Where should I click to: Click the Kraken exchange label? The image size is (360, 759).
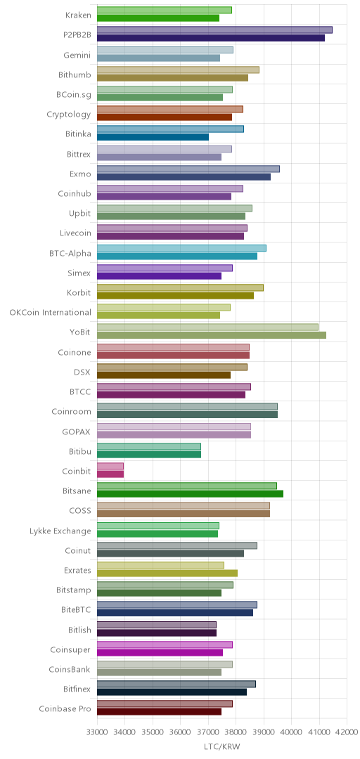78,15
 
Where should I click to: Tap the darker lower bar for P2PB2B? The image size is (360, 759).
211,38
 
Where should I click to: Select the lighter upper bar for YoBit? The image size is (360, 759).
208,327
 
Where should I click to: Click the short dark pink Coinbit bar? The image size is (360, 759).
110,474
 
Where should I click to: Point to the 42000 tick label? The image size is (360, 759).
347,732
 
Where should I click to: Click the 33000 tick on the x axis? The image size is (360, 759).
97,732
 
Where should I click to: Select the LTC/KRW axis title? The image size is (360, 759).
222,747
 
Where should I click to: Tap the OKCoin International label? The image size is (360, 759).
51,312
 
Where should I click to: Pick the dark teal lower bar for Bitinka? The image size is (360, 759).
153,137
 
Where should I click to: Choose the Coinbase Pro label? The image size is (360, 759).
65,709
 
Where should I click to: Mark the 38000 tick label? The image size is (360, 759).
236,732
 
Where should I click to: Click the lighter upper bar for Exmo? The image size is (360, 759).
188,169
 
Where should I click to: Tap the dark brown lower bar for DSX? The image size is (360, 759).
164,375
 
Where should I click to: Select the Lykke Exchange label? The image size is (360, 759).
60,531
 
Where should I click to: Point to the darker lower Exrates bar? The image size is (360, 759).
167,573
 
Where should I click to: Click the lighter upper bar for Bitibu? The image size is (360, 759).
149,446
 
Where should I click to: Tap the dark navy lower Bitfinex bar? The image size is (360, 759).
172,692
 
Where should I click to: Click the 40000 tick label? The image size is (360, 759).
291,732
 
